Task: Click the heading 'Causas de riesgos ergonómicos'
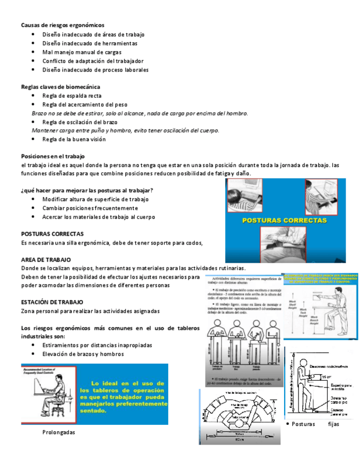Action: pos(62,25)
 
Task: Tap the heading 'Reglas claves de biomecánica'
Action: pos(60,86)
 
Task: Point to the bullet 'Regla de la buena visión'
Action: pos(74,139)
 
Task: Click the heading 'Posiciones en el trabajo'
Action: pos(53,156)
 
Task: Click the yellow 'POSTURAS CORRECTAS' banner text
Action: pos(285,220)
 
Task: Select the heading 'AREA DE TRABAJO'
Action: pos(46,259)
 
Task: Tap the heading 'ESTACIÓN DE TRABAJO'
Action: pos(52,302)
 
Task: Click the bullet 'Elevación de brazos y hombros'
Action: pos(83,354)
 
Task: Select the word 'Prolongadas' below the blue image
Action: pos(58,432)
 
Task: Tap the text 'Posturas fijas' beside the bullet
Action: pos(315,424)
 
